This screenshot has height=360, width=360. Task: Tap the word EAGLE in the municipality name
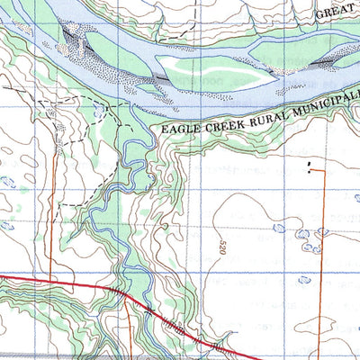[x=182, y=128]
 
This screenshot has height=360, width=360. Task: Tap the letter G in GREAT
[x=319, y=15]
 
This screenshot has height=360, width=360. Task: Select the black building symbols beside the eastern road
[x=310, y=166]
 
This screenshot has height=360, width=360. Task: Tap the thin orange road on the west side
[x=51, y=216]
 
